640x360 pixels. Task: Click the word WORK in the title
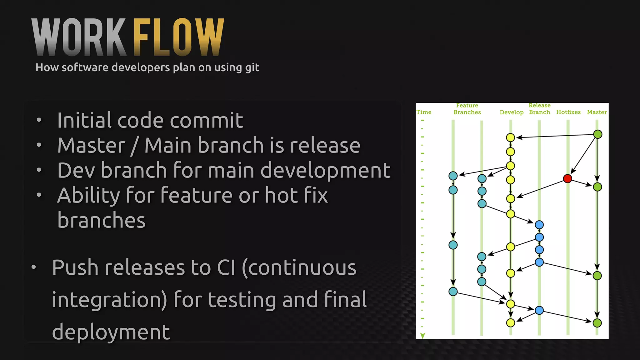click(x=79, y=37)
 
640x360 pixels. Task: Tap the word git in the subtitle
click(x=252, y=68)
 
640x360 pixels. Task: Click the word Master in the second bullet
click(x=92, y=146)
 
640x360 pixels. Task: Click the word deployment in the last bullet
click(x=111, y=332)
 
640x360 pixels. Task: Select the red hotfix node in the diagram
click(x=567, y=178)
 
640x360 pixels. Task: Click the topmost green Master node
click(x=597, y=134)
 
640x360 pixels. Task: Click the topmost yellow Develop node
click(x=510, y=137)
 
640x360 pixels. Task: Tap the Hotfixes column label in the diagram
click(x=568, y=112)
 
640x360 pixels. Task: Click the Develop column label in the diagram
click(x=511, y=112)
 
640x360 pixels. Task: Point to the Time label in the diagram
click(x=424, y=112)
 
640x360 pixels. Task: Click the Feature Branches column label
click(x=467, y=109)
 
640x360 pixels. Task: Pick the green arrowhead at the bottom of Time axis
click(x=422, y=336)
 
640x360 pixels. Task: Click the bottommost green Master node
click(x=597, y=323)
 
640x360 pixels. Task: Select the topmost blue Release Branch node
click(x=539, y=225)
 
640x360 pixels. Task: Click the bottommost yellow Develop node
click(x=510, y=323)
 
